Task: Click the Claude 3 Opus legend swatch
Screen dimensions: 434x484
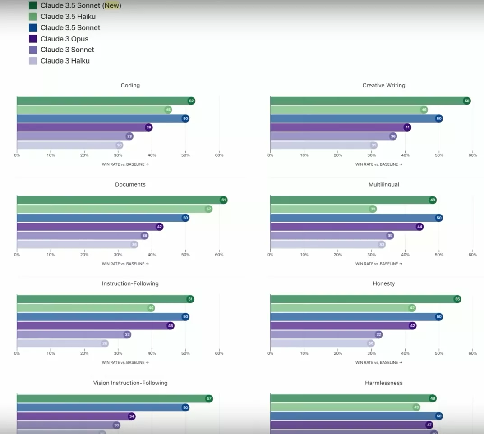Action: (x=33, y=39)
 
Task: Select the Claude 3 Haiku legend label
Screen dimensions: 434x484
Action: (x=65, y=61)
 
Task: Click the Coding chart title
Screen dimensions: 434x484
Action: (x=130, y=85)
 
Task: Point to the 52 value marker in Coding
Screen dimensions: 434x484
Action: (x=191, y=101)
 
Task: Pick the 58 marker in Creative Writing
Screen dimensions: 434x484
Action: (x=467, y=101)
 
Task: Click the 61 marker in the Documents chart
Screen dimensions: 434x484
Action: (x=224, y=200)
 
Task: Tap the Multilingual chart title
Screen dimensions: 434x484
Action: (x=384, y=184)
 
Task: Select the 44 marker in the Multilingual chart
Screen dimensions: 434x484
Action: (x=419, y=227)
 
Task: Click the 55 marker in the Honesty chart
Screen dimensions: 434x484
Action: (x=457, y=299)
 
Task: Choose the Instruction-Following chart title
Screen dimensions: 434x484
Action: (x=130, y=283)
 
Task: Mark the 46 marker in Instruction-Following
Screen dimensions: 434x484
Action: (x=171, y=325)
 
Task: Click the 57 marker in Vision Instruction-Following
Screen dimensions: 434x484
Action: (x=209, y=398)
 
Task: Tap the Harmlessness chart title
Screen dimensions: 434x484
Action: (x=384, y=383)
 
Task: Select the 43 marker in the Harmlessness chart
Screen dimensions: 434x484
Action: (x=416, y=407)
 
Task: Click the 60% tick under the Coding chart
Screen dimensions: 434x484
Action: (x=219, y=155)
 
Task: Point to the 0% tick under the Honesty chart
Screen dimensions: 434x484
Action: (x=270, y=353)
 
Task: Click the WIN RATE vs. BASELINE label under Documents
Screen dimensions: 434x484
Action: (x=125, y=264)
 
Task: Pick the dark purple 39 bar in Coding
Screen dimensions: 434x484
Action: (x=81, y=128)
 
